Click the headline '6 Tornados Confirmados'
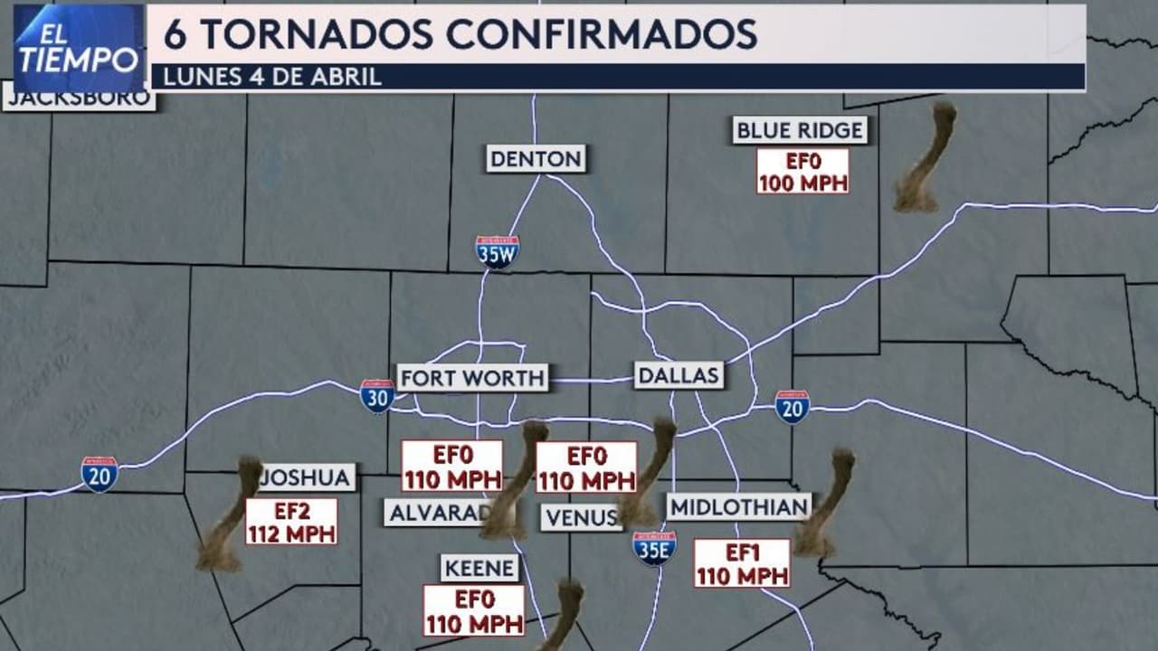click(x=460, y=33)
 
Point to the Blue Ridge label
click(x=800, y=130)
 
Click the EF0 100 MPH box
click(x=802, y=172)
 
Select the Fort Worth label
click(x=473, y=377)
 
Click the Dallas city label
click(x=679, y=375)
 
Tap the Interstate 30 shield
click(x=377, y=396)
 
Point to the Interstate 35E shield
click(x=654, y=548)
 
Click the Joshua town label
click(x=306, y=476)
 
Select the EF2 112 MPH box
click(x=291, y=522)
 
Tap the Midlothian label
click(x=739, y=506)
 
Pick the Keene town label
click(x=480, y=569)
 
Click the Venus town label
click(x=582, y=517)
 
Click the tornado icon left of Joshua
click(x=226, y=515)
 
